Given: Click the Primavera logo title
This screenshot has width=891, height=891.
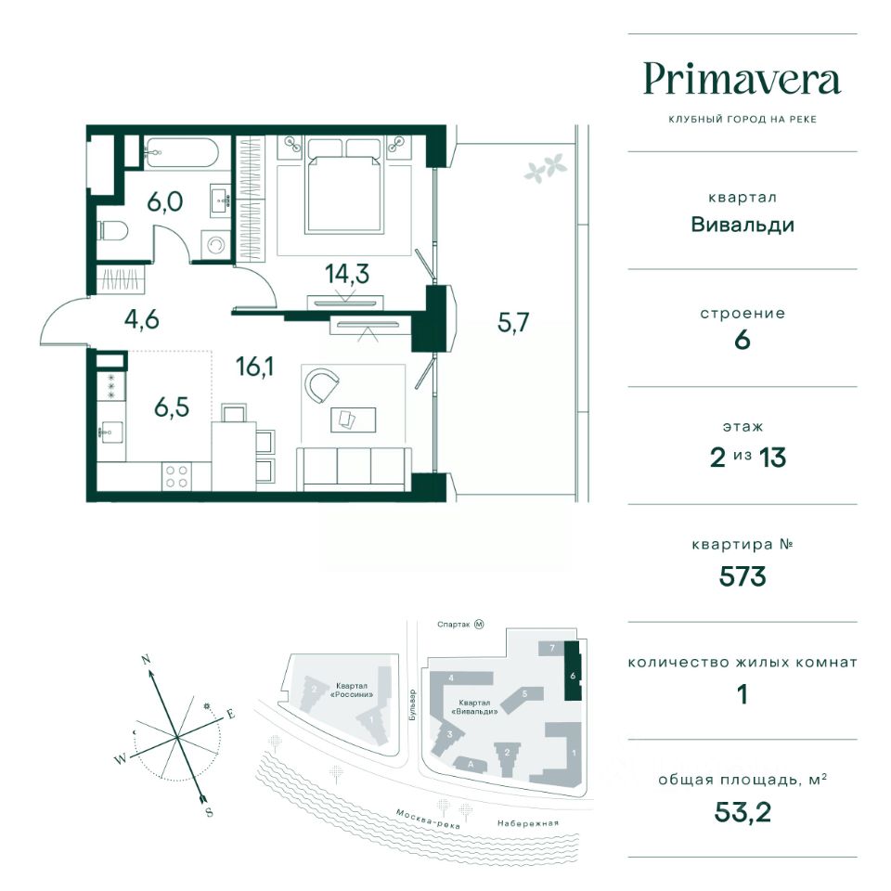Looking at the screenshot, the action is point(742,80).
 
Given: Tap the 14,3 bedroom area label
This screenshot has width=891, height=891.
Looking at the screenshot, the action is point(346,273).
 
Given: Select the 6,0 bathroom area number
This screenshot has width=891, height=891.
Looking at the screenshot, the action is point(165,201).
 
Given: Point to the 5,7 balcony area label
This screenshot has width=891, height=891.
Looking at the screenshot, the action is point(513,322).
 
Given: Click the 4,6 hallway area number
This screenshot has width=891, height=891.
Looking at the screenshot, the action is point(141,319).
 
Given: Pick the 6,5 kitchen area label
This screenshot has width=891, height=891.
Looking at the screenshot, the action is point(172,407).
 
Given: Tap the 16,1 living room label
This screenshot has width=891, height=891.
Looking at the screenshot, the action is point(254,367).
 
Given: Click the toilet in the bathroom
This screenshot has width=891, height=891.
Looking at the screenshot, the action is point(113,231).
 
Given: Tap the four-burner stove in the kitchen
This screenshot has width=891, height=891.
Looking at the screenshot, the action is point(175,476).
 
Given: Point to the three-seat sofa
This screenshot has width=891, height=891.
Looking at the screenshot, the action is point(354,468).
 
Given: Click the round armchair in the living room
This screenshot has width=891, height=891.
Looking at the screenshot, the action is point(322,385).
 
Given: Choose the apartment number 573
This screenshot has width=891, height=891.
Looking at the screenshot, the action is point(742,576).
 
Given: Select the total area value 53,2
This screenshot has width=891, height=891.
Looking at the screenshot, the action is point(742,812).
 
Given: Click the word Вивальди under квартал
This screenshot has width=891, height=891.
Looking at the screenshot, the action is point(742,225).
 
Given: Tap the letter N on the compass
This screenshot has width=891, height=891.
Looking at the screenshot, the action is point(146,660).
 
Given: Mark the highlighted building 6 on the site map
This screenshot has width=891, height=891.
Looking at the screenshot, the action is point(573,671).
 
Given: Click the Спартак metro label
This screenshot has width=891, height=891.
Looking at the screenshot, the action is point(454,625).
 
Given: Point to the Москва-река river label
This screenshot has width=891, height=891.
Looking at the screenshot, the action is point(427,819).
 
